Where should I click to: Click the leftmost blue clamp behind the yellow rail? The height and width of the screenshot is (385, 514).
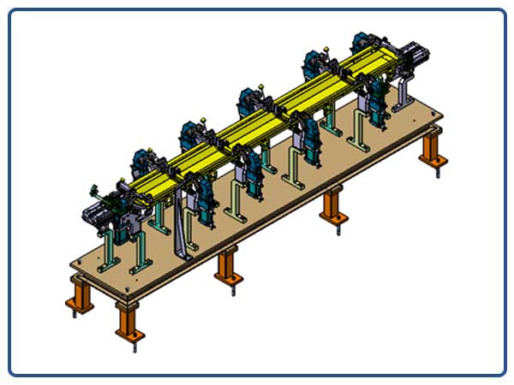coord(141,162)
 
